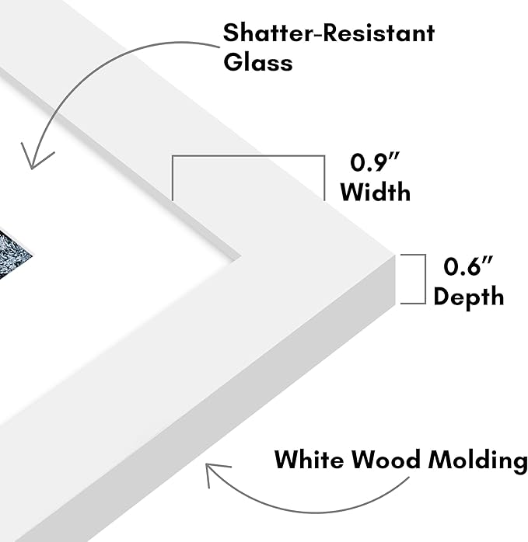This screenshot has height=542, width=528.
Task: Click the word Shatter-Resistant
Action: coord(329,33)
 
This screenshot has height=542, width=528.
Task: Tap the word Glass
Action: coord(258,63)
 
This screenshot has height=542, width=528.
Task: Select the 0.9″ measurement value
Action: coord(375,162)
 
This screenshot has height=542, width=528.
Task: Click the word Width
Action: coord(376,192)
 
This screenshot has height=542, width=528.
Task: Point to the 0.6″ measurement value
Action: coord(468,266)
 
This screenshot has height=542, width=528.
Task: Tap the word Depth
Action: coord(468,297)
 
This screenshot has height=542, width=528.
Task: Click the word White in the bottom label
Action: coord(309,460)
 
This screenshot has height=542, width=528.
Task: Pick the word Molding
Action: coord(477,460)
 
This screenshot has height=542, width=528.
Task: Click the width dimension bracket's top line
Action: coord(248,156)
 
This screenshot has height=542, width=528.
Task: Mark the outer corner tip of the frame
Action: coord(395,255)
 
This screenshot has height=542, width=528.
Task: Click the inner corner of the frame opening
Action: coord(240,257)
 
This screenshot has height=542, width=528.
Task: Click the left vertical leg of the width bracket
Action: coord(173,178)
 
